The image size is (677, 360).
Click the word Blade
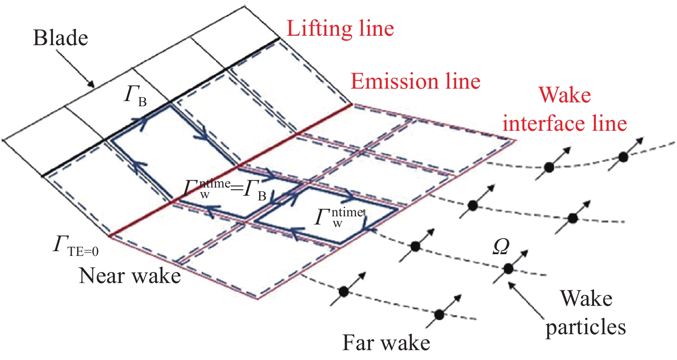60,38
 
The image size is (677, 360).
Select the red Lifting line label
340,29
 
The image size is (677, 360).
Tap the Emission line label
415,81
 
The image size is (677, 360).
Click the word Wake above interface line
565,95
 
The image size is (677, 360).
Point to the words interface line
565,124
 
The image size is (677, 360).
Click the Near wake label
130,276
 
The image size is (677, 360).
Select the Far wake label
386,343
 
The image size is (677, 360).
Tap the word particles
585,327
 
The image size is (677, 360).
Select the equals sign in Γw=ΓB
236,188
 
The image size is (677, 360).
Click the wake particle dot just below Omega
509,269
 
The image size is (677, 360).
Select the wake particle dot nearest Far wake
439,315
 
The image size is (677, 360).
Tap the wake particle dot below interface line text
549,167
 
